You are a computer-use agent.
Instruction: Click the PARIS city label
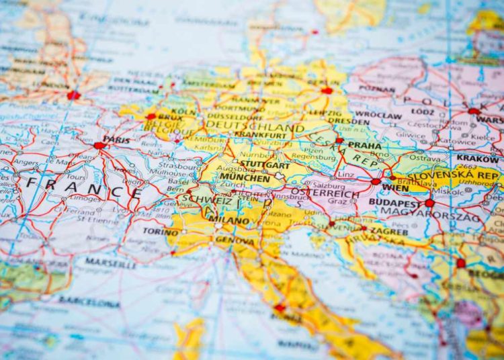[117, 140]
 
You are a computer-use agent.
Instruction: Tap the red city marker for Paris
[99, 145]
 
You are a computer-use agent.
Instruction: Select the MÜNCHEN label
[245, 178]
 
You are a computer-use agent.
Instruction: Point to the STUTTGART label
[265, 165]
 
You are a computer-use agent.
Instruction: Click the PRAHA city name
[365, 144]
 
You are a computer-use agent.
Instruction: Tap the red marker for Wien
[376, 181]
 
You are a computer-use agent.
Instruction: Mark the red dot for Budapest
[429, 202]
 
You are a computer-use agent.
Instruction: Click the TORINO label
[161, 232]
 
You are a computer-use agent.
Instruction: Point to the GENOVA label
[235, 240]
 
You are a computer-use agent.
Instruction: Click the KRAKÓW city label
[478, 158]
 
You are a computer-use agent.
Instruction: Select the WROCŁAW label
[378, 114]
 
